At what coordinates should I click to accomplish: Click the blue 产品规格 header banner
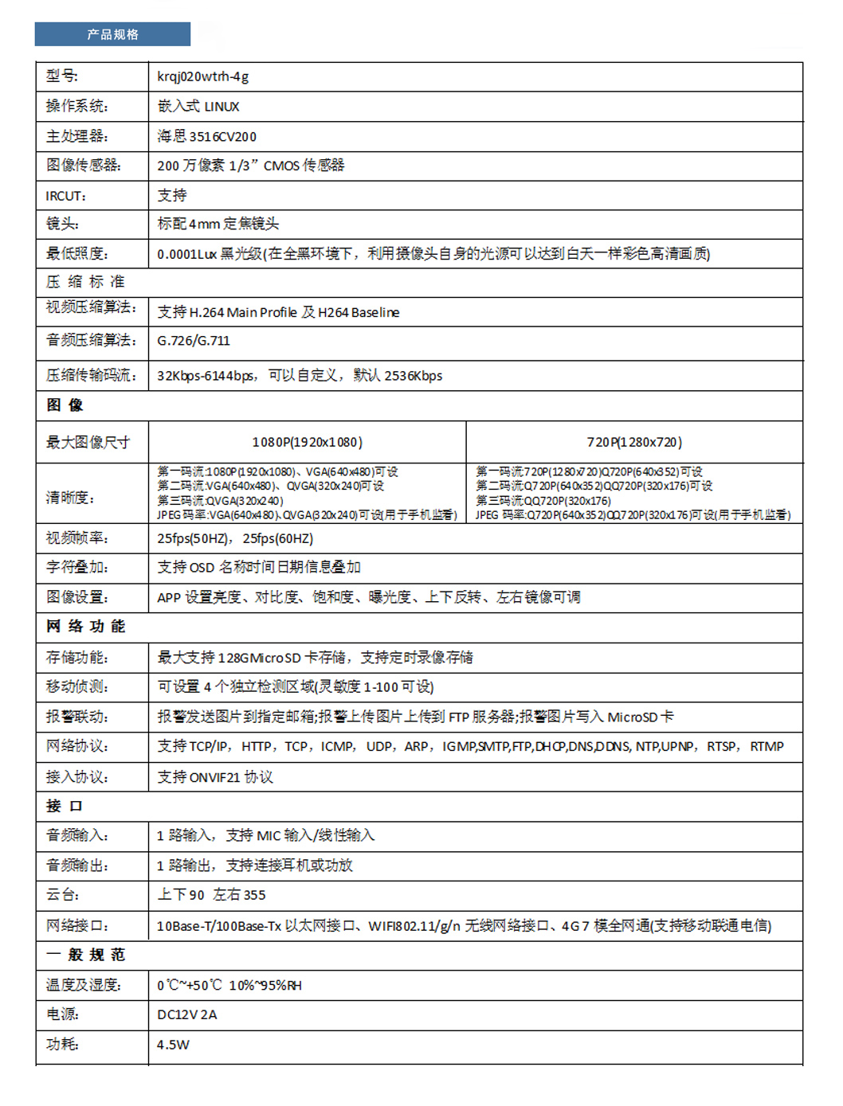click(x=112, y=34)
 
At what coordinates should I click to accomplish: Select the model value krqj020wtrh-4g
click(x=202, y=76)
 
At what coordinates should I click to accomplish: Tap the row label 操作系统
click(x=76, y=106)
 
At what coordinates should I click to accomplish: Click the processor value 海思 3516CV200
click(x=206, y=136)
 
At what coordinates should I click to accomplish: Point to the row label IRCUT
click(x=65, y=196)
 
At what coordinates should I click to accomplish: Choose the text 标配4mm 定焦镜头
click(x=218, y=224)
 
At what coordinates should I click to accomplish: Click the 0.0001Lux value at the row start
click(x=186, y=254)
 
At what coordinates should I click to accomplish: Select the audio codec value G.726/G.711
click(x=193, y=341)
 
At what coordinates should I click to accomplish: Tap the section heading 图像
click(x=65, y=405)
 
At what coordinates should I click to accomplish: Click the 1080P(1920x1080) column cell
click(x=307, y=442)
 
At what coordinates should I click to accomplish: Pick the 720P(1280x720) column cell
click(x=634, y=442)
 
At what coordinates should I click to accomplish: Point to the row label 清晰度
click(x=70, y=498)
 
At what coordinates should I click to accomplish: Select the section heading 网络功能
click(x=85, y=627)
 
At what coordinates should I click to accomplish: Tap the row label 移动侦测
click(x=76, y=686)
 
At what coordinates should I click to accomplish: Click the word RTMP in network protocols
click(x=767, y=746)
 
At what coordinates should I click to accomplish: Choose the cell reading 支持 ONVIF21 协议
click(x=215, y=777)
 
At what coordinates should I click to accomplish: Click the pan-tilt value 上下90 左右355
click(x=211, y=895)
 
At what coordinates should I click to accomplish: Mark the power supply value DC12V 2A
click(x=186, y=1014)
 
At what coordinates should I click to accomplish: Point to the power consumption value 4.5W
click(x=173, y=1045)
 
